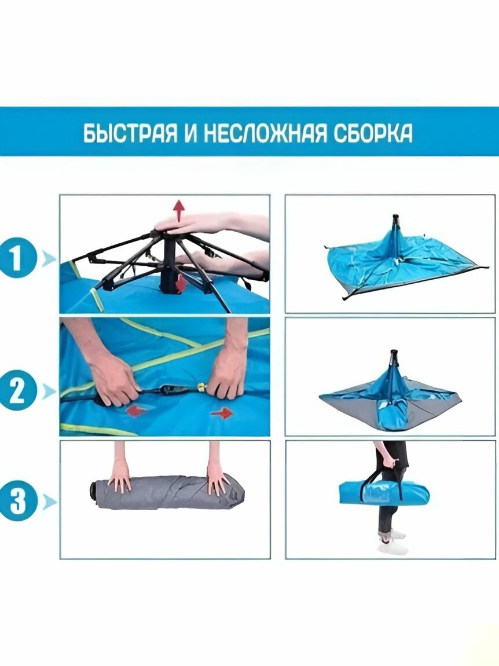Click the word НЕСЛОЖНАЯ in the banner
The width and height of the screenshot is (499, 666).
(x=266, y=133)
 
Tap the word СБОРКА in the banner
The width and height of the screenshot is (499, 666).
(x=372, y=133)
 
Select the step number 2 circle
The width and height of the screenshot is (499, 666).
(x=17, y=391)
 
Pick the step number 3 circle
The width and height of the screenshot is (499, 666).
(x=17, y=502)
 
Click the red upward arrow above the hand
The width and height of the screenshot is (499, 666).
(x=179, y=211)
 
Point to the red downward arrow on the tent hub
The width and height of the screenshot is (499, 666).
(x=181, y=283)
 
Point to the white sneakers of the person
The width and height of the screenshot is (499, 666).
(x=392, y=541)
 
